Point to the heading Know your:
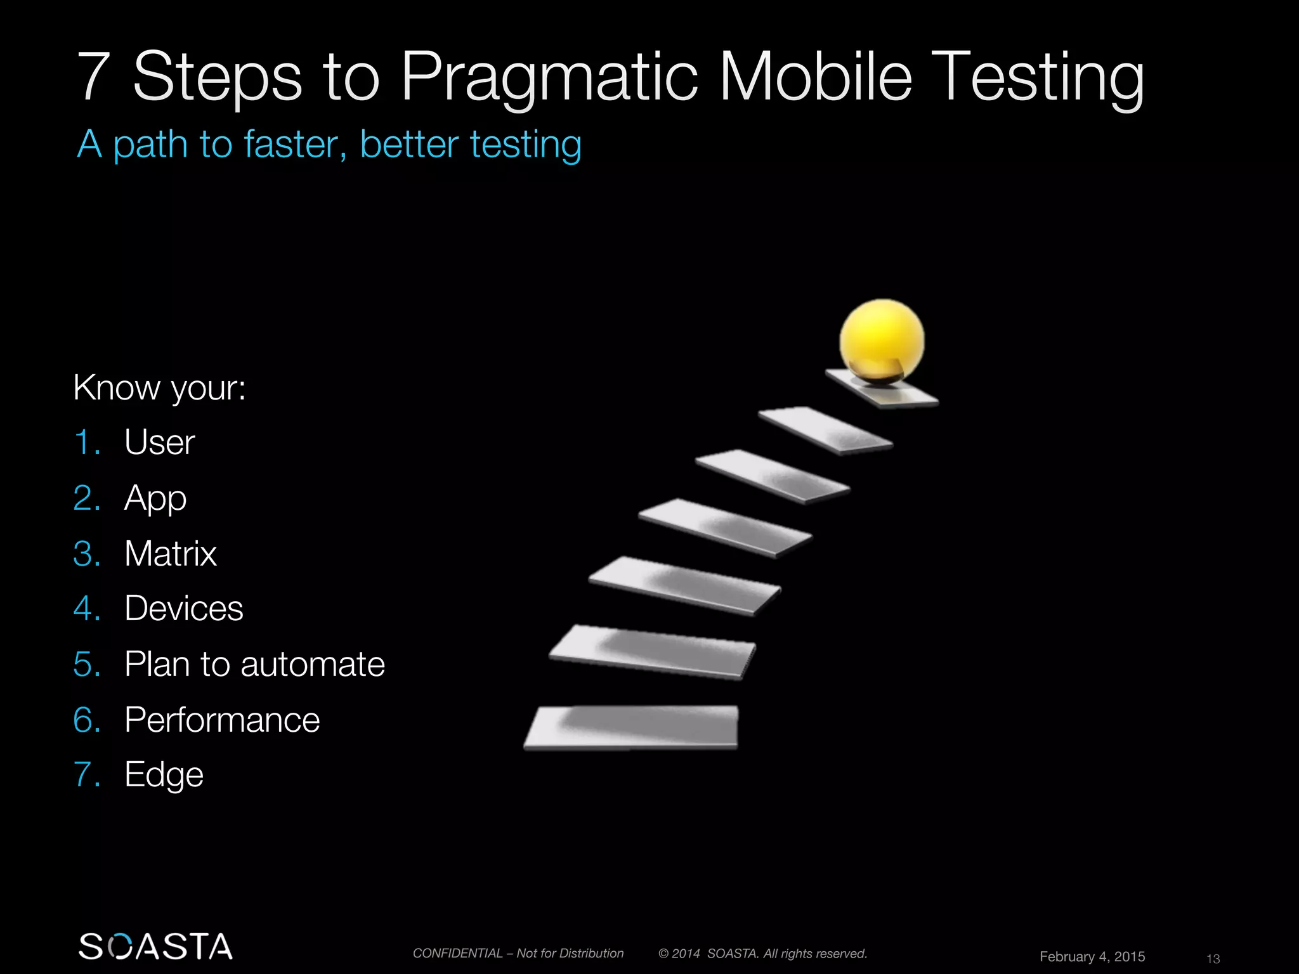pyautogui.click(x=159, y=387)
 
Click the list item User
pyautogui.click(x=159, y=443)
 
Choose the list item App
pyautogui.click(x=155, y=498)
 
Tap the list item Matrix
pyautogui.click(x=170, y=554)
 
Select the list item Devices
pyautogui.click(x=183, y=609)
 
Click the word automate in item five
pyautogui.click(x=312, y=665)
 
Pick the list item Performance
pyautogui.click(x=222, y=720)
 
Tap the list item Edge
pyautogui.click(x=164, y=775)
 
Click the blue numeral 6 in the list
pyautogui.click(x=87, y=720)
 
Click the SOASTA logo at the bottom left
pyautogui.click(x=155, y=946)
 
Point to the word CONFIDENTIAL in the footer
pyautogui.click(x=457, y=953)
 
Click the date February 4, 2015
pyautogui.click(x=1092, y=956)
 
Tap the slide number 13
pyautogui.click(x=1213, y=959)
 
